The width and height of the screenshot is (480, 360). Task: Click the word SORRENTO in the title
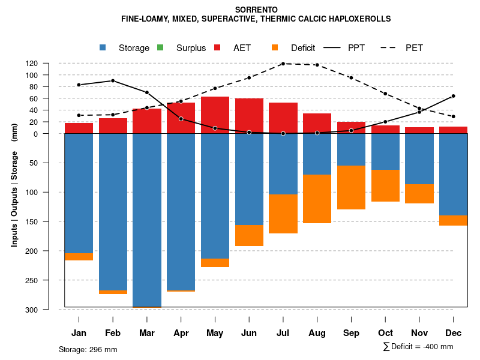[x=256, y=10]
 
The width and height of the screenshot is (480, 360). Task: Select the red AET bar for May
[x=215, y=115]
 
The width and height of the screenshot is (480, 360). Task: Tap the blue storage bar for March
[x=147, y=219]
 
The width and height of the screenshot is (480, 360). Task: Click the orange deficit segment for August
[x=317, y=199]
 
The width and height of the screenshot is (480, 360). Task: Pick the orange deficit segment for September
[x=351, y=187]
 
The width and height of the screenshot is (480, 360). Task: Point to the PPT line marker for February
[x=113, y=80]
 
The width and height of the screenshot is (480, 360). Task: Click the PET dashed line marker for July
[x=283, y=64]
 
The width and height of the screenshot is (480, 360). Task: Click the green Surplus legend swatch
[x=160, y=48]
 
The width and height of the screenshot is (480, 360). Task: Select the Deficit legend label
[x=303, y=48]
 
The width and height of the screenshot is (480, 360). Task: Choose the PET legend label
[x=414, y=48]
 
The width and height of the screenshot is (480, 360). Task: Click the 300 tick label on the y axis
[x=48, y=310]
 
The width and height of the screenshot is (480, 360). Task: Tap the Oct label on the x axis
[x=385, y=333]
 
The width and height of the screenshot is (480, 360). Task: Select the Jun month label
[x=249, y=333]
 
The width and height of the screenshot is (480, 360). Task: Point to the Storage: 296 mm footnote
[x=88, y=349]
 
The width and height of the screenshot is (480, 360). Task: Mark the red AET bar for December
[x=453, y=130]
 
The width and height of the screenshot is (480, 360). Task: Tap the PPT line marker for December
[x=453, y=96]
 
